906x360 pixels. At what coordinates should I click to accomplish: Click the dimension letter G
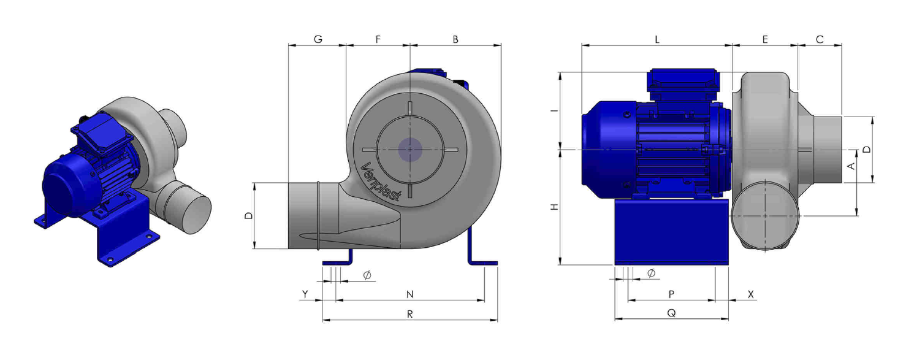point(318,39)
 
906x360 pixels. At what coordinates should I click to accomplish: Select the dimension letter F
point(378,39)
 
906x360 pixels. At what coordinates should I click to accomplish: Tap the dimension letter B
point(455,39)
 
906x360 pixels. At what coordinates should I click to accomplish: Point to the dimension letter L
point(657,39)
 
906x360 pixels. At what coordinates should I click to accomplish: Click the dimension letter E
point(765,39)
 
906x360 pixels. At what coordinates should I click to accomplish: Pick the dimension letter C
point(820,39)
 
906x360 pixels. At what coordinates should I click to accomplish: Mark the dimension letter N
point(409,294)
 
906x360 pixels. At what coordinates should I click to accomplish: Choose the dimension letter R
point(409,314)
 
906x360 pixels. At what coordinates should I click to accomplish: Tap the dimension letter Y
point(305,294)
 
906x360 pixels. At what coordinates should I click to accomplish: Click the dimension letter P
point(671,294)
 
